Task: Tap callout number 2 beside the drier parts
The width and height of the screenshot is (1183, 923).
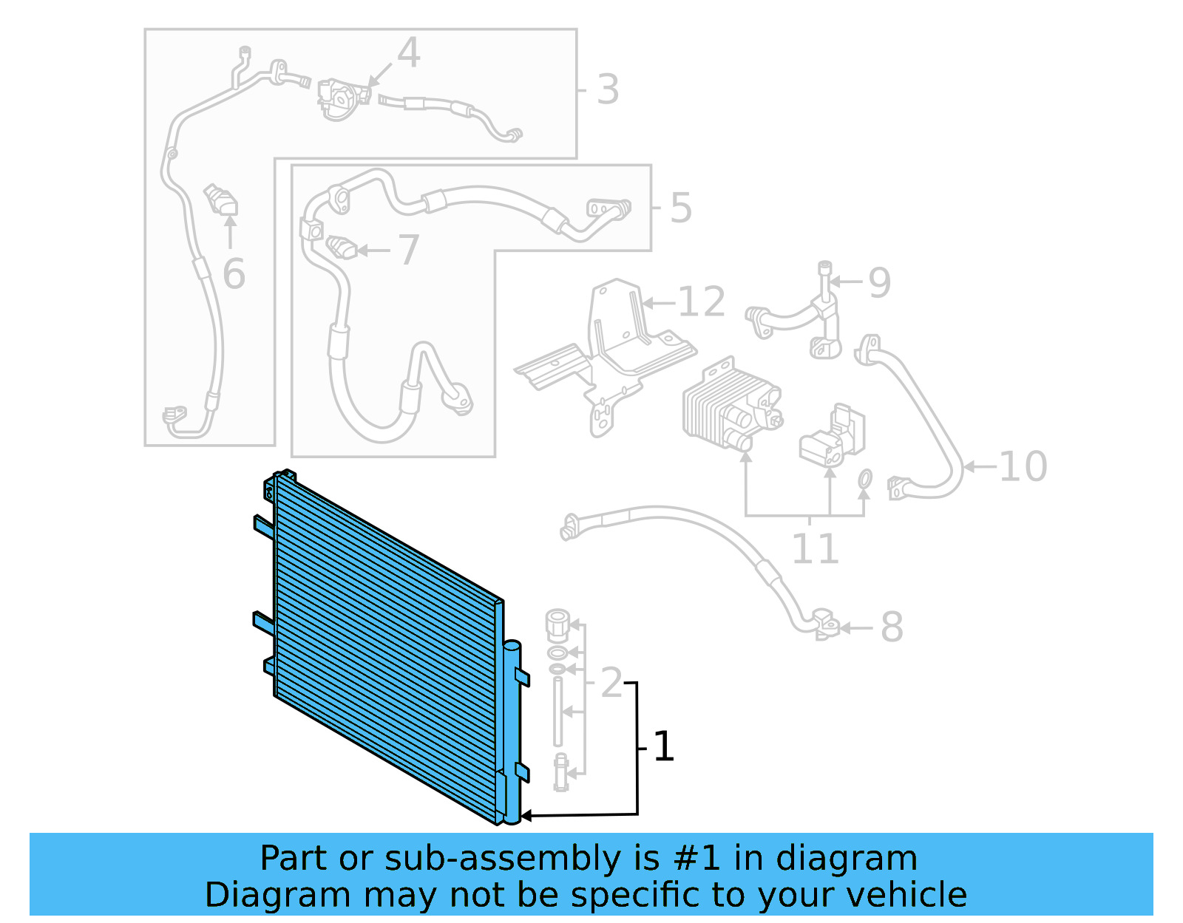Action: pyautogui.click(x=611, y=682)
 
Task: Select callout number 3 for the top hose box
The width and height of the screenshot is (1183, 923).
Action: pyautogui.click(x=607, y=89)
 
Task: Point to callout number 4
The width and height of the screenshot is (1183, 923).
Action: pyautogui.click(x=408, y=53)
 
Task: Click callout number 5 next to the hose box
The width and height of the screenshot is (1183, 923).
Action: pyautogui.click(x=680, y=208)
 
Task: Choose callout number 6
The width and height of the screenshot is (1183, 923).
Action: pyautogui.click(x=234, y=274)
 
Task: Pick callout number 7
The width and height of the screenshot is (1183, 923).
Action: pyautogui.click(x=408, y=251)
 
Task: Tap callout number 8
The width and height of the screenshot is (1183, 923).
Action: pyautogui.click(x=892, y=627)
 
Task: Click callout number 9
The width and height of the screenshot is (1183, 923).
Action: pyautogui.click(x=879, y=282)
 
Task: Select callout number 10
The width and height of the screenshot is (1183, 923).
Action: pyautogui.click(x=1023, y=466)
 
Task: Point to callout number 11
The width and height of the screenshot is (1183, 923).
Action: pyautogui.click(x=815, y=548)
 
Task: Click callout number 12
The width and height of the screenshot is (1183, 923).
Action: pyautogui.click(x=701, y=302)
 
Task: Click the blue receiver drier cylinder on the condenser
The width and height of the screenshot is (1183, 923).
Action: pyautogui.click(x=512, y=732)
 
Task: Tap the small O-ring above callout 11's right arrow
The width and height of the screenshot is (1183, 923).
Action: pyautogui.click(x=864, y=480)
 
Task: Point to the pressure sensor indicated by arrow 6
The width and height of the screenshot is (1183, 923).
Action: pyautogui.click(x=220, y=200)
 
